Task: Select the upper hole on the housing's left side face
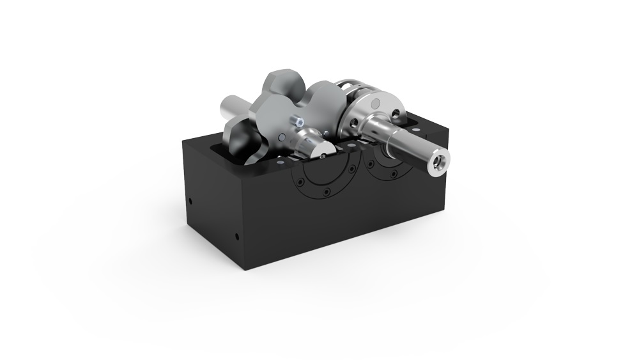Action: [x=190, y=203]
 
